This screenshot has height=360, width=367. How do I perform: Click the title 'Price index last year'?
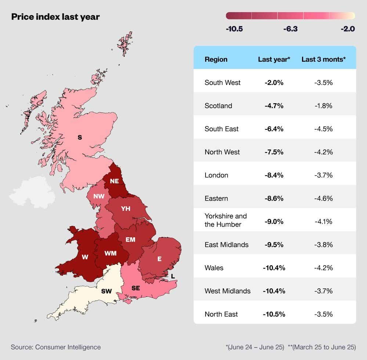(55, 17)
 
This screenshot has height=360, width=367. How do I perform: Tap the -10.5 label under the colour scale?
(234, 29)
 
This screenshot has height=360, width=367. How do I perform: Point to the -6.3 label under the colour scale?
(290, 29)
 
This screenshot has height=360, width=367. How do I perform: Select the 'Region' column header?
(216, 59)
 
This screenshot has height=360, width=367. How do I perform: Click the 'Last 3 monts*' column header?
(323, 59)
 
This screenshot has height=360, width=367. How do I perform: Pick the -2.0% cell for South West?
(274, 83)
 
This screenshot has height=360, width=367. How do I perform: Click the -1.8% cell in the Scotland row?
(323, 106)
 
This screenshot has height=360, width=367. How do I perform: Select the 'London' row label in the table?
(216, 175)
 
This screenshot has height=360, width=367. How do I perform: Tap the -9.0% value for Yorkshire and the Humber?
(274, 222)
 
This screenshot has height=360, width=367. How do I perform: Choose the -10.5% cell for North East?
(274, 314)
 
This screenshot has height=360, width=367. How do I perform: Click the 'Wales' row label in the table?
(214, 268)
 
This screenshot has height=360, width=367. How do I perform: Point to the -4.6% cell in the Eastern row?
(323, 198)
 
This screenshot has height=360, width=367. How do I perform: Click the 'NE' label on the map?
(114, 181)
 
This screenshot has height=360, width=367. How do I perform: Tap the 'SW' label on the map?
(106, 291)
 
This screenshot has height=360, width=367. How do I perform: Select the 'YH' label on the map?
(126, 209)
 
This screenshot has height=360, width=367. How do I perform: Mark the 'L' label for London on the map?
(173, 276)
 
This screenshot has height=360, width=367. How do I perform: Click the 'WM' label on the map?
(110, 253)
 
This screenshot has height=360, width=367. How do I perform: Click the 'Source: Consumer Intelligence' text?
(56, 347)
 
